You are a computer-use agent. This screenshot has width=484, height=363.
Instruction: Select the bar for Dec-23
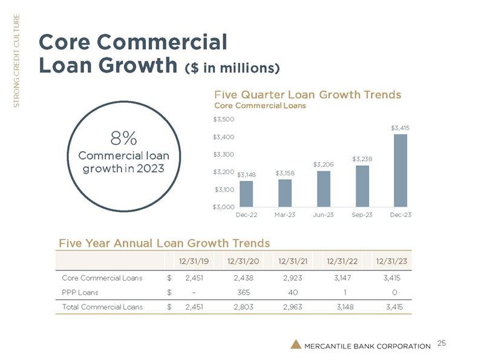pos(400,170)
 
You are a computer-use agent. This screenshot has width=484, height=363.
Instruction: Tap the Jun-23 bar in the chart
pos(324,188)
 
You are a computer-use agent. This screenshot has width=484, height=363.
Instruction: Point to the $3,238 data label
pos(362,159)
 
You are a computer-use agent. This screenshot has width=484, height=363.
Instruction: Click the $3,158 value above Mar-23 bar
pos(285,173)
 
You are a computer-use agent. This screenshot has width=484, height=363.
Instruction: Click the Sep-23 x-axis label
pos(362,215)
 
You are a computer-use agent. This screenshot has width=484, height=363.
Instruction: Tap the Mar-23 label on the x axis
pos(285,215)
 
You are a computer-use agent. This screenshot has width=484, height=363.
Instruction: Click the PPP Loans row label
pos(82,292)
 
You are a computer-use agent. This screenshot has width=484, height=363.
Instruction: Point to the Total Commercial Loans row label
pos(102,307)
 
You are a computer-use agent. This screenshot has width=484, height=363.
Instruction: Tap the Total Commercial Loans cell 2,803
pos(241,307)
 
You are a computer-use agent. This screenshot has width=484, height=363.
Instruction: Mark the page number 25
pos(442,344)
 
